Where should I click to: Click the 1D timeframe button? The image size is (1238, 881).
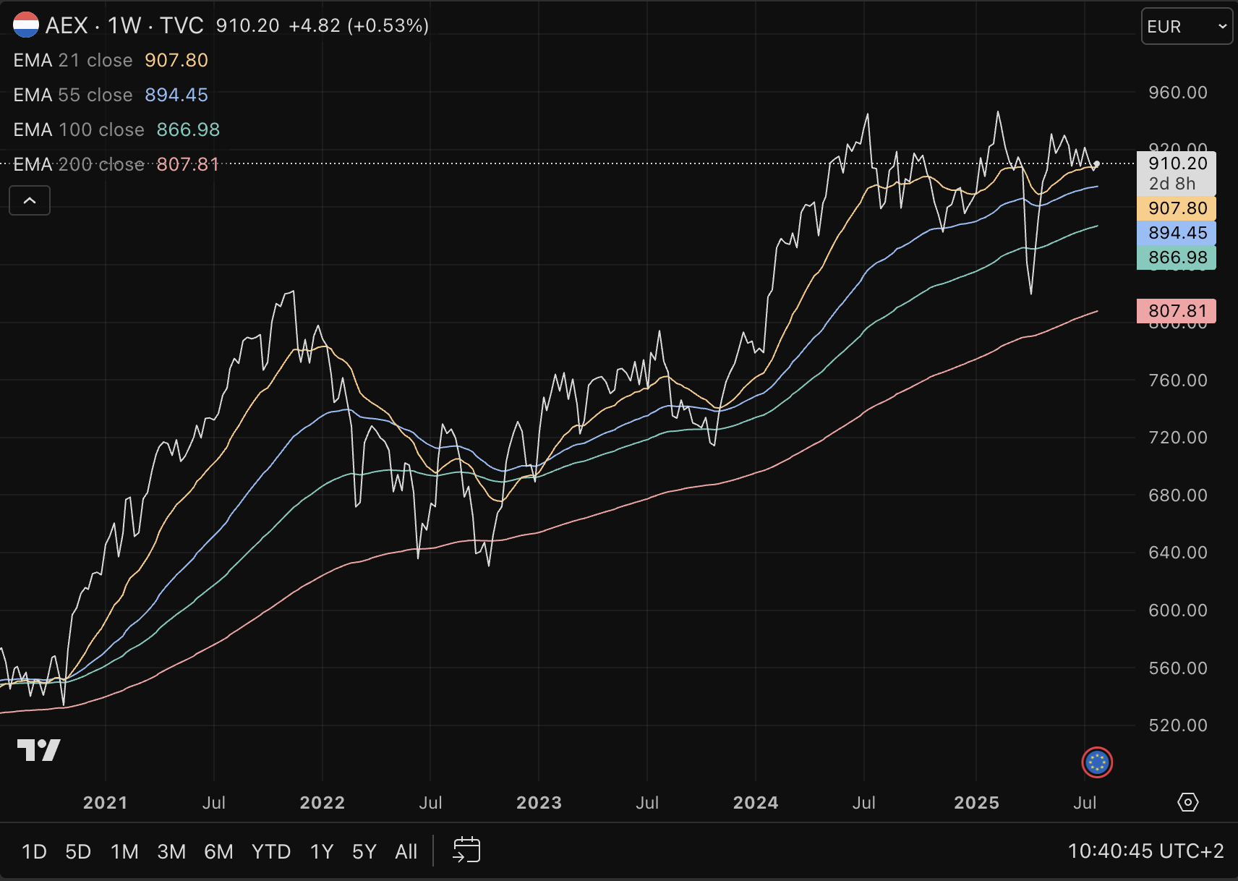[34, 851]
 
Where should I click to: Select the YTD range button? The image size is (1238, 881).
[271, 851]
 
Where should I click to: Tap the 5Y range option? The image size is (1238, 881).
[364, 851]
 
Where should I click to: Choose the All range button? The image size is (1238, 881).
[406, 851]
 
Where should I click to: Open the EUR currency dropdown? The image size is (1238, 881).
[1186, 27]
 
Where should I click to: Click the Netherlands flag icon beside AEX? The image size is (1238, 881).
[26, 25]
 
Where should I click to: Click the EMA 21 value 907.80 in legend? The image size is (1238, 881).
[176, 60]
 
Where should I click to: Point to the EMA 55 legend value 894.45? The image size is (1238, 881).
[176, 95]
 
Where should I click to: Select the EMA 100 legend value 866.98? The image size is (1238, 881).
[188, 129]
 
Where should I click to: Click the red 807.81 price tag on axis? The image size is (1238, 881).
[1177, 311]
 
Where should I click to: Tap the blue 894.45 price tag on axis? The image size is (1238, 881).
[1177, 233]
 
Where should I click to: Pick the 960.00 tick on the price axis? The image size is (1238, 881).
[1177, 93]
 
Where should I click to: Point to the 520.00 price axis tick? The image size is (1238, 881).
[1177, 725]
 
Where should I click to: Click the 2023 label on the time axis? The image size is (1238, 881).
[539, 803]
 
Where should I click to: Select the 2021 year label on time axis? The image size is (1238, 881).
[106, 803]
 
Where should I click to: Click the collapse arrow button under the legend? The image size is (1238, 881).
[30, 200]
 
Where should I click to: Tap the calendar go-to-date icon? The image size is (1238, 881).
[466, 850]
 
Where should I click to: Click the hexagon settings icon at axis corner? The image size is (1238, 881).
[1188, 802]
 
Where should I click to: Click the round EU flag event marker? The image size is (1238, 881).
[1097, 762]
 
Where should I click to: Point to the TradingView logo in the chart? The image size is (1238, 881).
[38, 750]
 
